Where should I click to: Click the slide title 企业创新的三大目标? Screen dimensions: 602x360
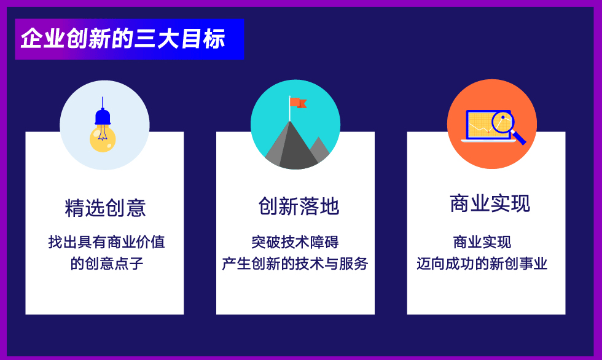pyautogui.click(x=123, y=39)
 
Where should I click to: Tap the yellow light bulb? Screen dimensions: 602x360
pyautogui.click(x=103, y=139)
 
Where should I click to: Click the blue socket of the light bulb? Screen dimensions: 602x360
pyautogui.click(x=103, y=117)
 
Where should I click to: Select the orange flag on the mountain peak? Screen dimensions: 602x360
pyautogui.click(x=298, y=103)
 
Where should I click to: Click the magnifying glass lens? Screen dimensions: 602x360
pyautogui.click(x=502, y=122)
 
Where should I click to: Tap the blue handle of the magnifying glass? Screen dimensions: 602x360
pyautogui.click(x=518, y=138)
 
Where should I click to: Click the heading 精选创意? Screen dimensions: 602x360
pyautogui.click(x=105, y=208)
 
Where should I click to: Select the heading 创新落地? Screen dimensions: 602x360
pyautogui.click(x=299, y=206)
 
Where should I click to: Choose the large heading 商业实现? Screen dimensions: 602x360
pyautogui.click(x=490, y=203)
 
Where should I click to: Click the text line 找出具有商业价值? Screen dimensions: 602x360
pyautogui.click(x=106, y=242)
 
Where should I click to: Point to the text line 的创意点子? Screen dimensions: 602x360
pyautogui.click(x=106, y=264)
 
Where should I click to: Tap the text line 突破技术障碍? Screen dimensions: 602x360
pyautogui.click(x=295, y=242)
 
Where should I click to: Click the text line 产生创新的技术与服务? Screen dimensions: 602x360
pyautogui.click(x=295, y=264)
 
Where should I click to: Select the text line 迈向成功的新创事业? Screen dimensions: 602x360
pyautogui.click(x=482, y=264)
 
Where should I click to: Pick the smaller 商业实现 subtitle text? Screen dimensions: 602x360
pyautogui.click(x=482, y=242)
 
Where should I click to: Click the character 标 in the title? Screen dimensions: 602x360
pyautogui.click(x=214, y=39)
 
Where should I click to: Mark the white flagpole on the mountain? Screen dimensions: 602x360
pyautogui.click(x=289, y=109)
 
